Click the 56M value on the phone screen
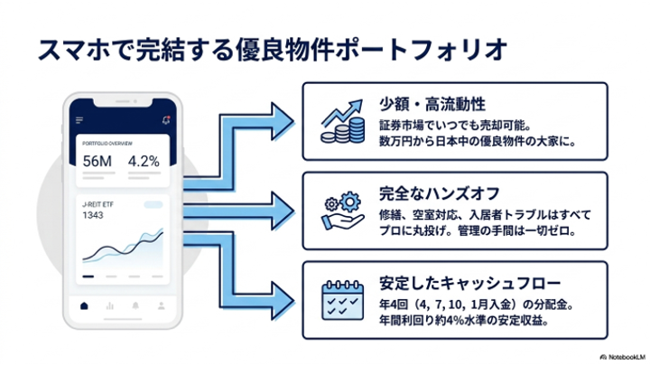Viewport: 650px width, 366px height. pyautogui.click(x=97, y=161)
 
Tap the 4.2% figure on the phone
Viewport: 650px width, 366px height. pyautogui.click(x=144, y=161)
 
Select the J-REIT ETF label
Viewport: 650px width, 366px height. pyautogui.click(x=97, y=204)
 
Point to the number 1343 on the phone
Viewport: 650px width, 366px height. pyautogui.click(x=93, y=215)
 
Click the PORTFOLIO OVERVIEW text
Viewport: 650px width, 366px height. pyautogui.click(x=107, y=144)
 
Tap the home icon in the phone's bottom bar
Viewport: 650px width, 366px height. pyautogui.click(x=84, y=305)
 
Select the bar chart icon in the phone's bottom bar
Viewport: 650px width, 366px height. pyautogui.click(x=110, y=305)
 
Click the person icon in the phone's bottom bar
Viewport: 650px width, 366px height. pyautogui.click(x=162, y=305)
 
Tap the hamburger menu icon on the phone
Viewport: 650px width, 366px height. pyautogui.click(x=79, y=120)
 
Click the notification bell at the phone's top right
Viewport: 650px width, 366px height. pyautogui.click(x=166, y=120)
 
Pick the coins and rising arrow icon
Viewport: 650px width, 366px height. pyautogui.click(x=343, y=122)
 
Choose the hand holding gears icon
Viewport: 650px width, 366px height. pyautogui.click(x=343, y=211)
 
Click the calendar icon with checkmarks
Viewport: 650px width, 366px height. pyautogui.click(x=343, y=300)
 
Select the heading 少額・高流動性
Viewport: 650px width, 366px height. pyautogui.click(x=432, y=104)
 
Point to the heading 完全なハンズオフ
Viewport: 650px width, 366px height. pyautogui.click(x=440, y=193)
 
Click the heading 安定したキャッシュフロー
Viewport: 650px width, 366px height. pyautogui.click(x=469, y=283)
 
